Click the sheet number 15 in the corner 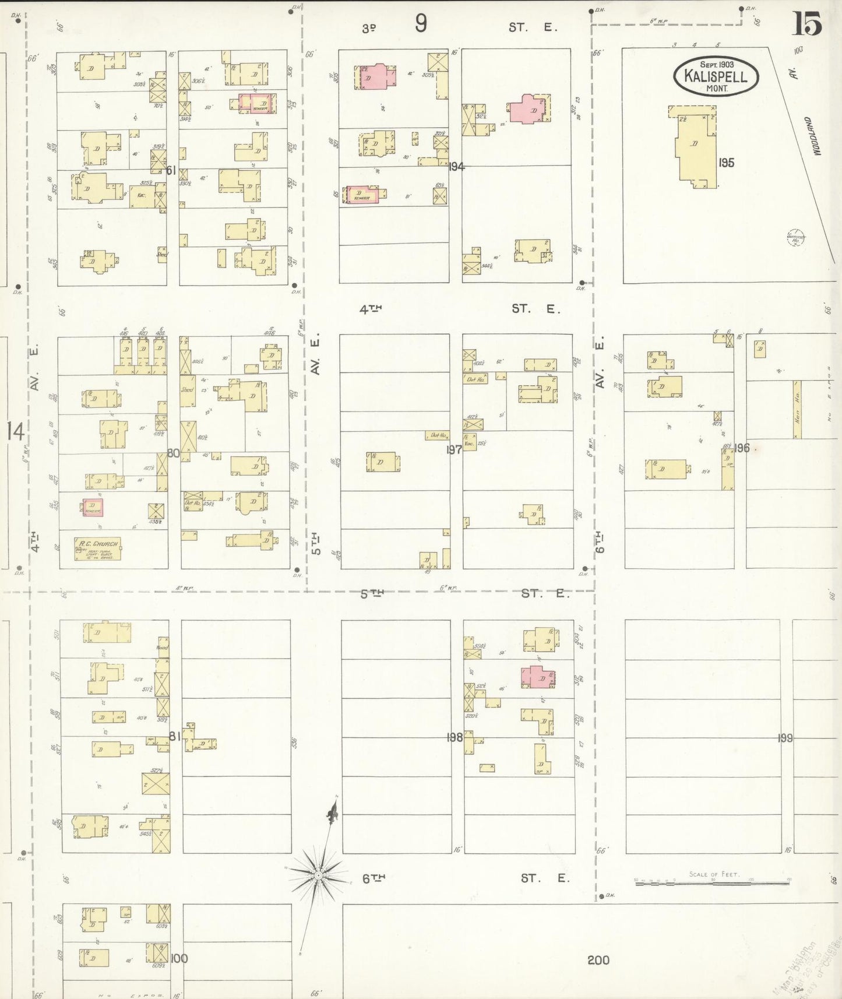point(807,23)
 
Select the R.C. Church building point(97,548)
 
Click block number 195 point(726,163)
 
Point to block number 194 point(456,167)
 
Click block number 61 point(171,171)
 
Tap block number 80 point(173,453)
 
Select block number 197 point(454,449)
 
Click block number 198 point(455,737)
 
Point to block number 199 point(785,738)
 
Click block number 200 point(598,960)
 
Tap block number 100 point(179,958)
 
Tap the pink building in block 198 point(538,677)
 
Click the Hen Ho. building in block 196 point(796,410)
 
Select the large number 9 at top point(421,24)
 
